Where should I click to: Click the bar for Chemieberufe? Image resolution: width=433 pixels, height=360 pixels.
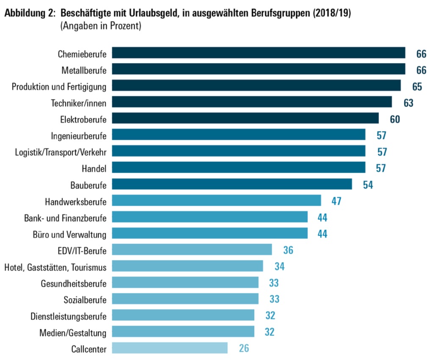point(258,53)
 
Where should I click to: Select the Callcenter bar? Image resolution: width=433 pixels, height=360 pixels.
point(170,348)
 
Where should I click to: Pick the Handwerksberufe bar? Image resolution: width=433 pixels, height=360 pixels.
point(216,201)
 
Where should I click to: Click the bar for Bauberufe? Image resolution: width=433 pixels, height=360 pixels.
point(232,184)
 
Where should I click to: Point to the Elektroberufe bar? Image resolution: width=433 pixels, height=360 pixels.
point(245,119)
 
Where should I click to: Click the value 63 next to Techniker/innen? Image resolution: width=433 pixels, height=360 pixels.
point(408,102)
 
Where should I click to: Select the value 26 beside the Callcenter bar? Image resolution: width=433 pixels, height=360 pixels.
point(243,349)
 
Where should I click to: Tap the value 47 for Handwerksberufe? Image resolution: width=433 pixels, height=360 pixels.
point(336,201)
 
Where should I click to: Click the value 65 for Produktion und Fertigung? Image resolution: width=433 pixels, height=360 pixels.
point(417,86)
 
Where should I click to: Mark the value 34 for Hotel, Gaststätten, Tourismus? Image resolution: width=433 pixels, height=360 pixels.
point(279,266)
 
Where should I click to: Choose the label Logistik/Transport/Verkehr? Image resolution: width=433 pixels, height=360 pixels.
point(61,152)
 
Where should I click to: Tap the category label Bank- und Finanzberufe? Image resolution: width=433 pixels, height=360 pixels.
point(65,218)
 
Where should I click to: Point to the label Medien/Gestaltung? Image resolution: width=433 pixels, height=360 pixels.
point(73,332)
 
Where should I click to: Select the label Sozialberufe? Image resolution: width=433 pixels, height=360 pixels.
point(85,299)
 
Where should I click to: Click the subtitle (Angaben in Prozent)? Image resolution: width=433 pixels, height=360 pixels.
point(100,26)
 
